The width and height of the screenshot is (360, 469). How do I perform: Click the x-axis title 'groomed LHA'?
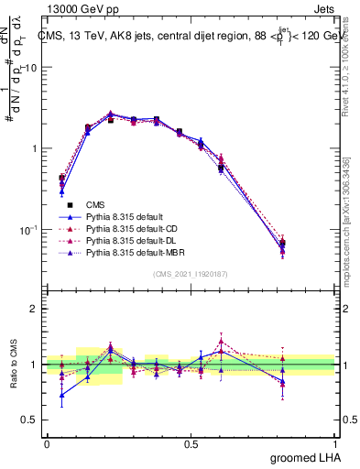305,458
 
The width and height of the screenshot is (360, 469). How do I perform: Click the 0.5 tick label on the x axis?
191,443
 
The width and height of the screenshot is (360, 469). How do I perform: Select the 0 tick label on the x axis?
47,443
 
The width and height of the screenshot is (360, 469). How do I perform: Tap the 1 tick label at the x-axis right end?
336,443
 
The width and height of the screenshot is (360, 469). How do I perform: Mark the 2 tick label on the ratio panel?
33,309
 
